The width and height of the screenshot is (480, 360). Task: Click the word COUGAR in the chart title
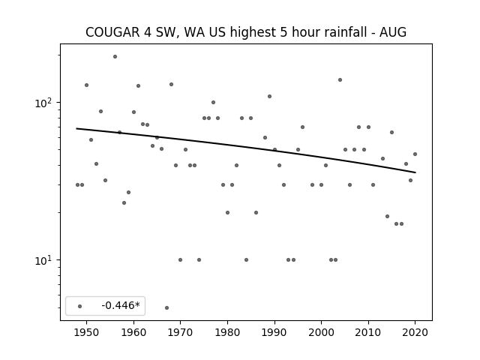tap(112, 32)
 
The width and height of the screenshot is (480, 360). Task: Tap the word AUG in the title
tap(393, 32)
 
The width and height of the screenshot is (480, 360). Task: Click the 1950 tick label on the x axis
tap(87, 332)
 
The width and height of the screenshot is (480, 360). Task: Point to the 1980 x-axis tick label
tap(227, 332)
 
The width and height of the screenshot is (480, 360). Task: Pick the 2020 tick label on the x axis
tap(415, 332)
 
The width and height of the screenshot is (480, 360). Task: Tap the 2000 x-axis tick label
tap(321, 332)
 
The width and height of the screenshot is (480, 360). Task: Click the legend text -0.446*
tap(121, 305)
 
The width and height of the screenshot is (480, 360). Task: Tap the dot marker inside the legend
tap(80, 306)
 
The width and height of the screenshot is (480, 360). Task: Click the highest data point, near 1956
tap(115, 57)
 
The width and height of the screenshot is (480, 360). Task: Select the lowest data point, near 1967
tap(166, 307)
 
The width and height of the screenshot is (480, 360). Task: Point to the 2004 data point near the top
tap(340, 80)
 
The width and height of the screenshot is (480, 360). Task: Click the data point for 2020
tap(415, 154)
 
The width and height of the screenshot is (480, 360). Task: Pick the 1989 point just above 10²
tap(270, 97)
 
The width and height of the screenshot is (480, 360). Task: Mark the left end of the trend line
tap(76, 128)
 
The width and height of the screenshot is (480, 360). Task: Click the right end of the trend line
tap(415, 172)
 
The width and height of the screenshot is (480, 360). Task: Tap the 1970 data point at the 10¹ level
tap(180, 260)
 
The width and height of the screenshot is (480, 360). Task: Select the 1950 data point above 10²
tap(87, 85)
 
